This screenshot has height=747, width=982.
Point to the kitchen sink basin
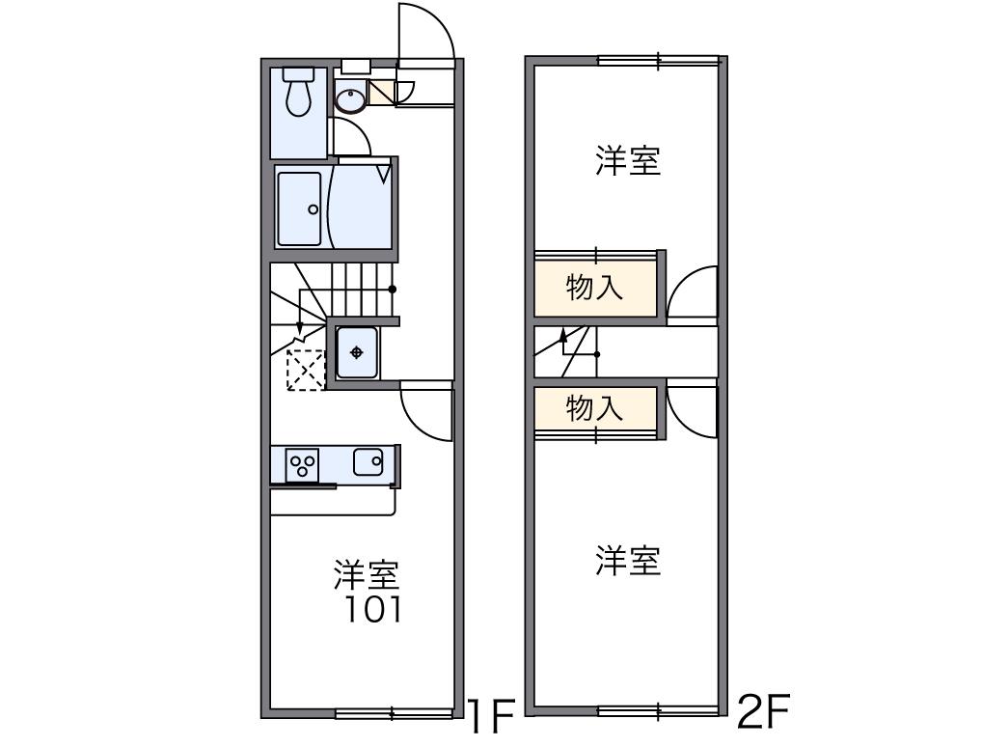[368, 462]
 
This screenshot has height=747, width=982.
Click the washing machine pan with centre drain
[356, 352]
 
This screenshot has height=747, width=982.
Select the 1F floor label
[492, 716]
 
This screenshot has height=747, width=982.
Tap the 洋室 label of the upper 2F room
[627, 160]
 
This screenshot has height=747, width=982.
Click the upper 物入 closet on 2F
[595, 287]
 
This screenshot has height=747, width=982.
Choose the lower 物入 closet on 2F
[595, 409]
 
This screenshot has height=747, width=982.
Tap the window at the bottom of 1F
[394, 713]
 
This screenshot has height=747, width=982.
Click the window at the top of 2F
[659, 61]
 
